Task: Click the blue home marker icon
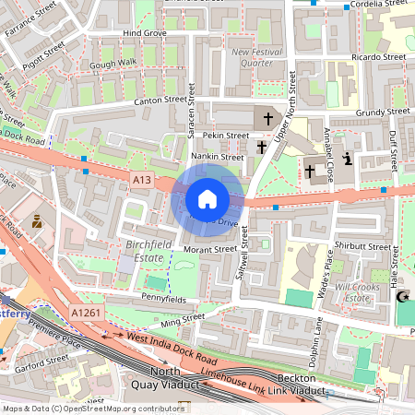(x=207, y=199)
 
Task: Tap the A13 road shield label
(x=141, y=179)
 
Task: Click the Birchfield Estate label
(x=142, y=251)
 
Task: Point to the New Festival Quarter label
(x=258, y=58)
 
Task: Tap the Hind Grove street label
(x=144, y=33)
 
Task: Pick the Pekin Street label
(x=226, y=135)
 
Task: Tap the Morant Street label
(x=209, y=249)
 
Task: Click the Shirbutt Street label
(x=364, y=247)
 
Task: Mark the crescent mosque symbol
(x=401, y=297)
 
